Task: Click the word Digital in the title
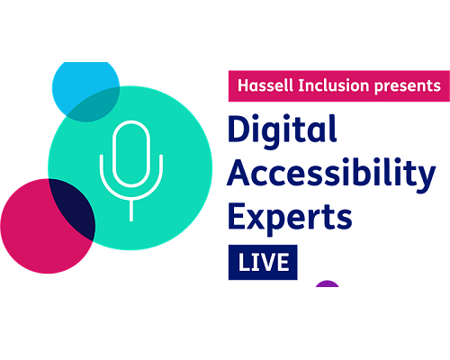pos(282,129)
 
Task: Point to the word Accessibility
pos(331,174)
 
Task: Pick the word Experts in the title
pos(290,217)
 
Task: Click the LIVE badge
pos(263,262)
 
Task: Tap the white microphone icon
pos(131,171)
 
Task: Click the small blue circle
pos(85,90)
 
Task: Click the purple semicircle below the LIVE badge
pos(328,284)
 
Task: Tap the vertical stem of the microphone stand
pos(131,210)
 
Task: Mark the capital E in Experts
pos(237,216)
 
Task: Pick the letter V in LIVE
pos(265,262)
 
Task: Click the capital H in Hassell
pos(244,85)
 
